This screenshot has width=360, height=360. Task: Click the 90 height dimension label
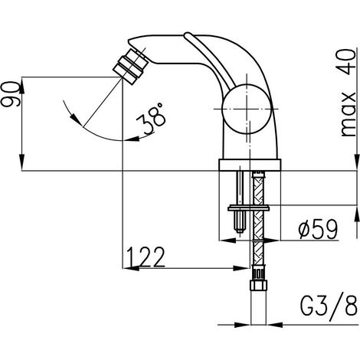tap(11, 94)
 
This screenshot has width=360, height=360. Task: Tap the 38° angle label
tap(152, 118)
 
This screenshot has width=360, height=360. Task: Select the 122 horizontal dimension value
tap(146, 257)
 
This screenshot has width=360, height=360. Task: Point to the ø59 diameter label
tap(318, 229)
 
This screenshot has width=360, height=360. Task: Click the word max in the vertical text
tap(348, 113)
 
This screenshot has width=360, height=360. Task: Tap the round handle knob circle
tap(247, 109)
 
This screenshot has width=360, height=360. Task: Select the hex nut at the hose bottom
tap(258, 285)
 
